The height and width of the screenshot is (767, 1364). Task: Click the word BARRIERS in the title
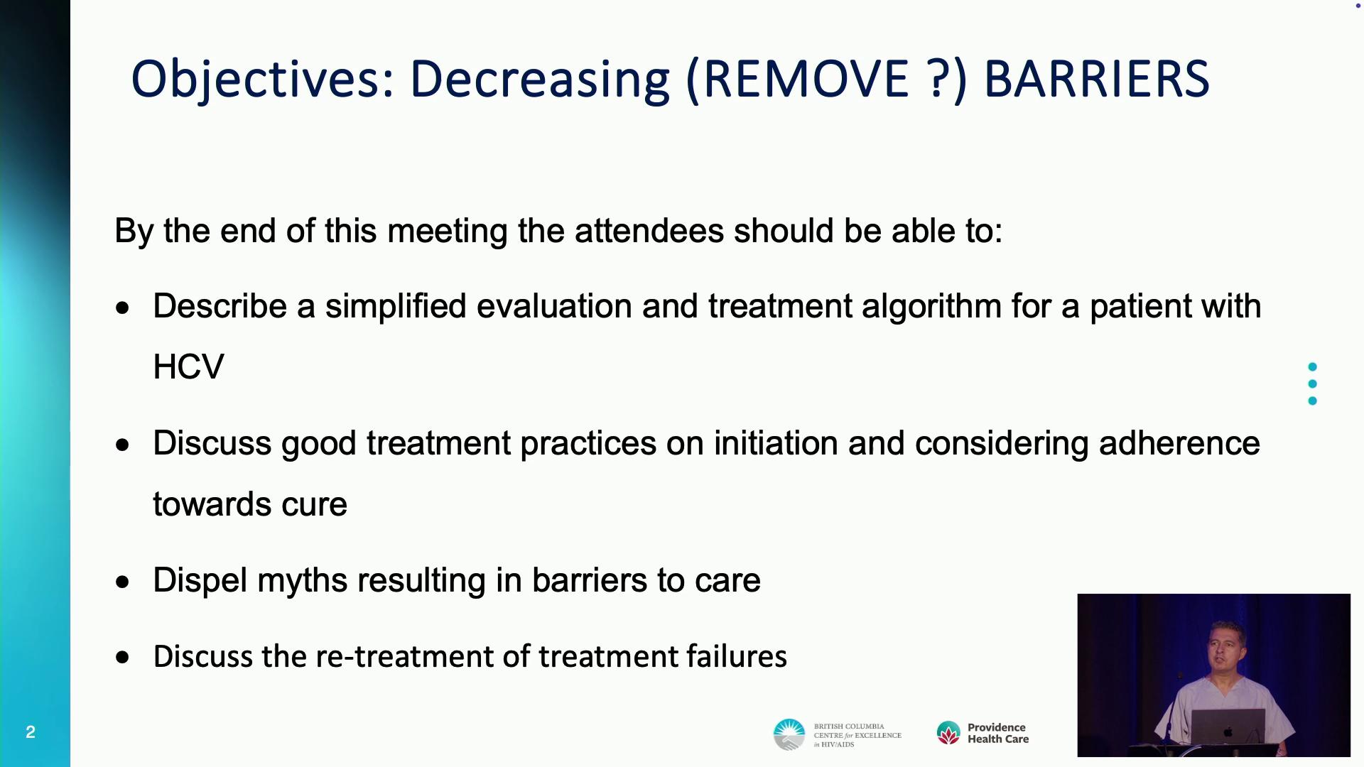(x=1097, y=78)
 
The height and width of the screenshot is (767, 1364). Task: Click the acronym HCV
(x=188, y=367)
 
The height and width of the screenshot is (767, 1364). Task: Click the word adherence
(x=1179, y=443)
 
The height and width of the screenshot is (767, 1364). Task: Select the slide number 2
(x=31, y=732)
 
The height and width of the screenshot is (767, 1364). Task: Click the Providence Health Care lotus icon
(x=948, y=733)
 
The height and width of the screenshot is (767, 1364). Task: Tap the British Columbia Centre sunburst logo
(x=789, y=734)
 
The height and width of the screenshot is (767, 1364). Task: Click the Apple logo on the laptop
(x=1228, y=731)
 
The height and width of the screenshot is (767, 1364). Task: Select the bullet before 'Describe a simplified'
(x=124, y=308)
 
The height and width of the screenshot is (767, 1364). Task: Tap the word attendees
(x=649, y=231)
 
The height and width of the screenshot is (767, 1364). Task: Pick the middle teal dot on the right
(x=1312, y=384)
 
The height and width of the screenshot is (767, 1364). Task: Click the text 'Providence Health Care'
(x=998, y=733)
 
